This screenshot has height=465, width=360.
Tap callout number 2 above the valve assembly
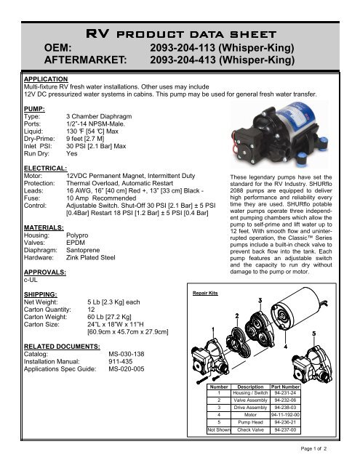point(236,316)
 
